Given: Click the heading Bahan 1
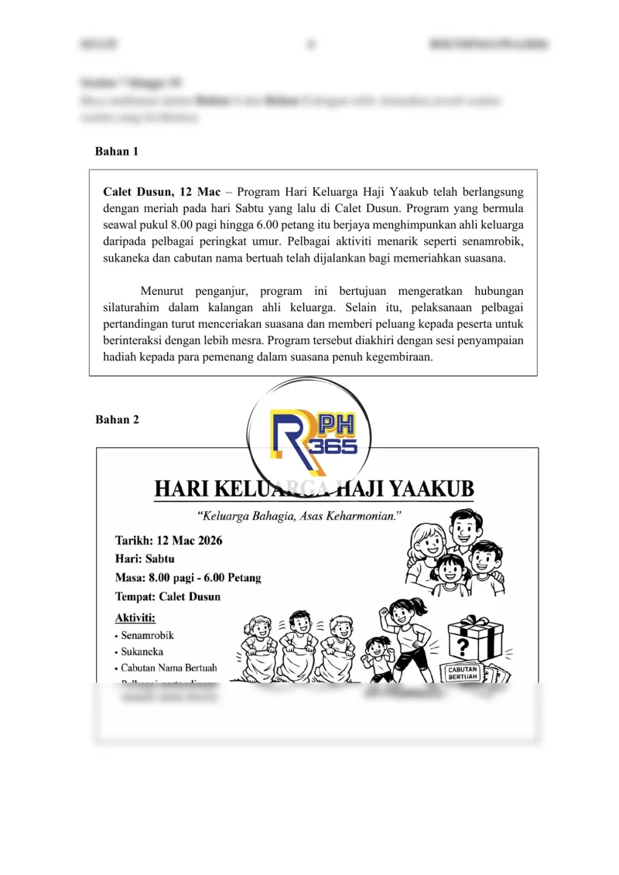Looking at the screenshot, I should pyautogui.click(x=116, y=152).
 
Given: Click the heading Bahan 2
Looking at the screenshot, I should pyautogui.click(x=117, y=419).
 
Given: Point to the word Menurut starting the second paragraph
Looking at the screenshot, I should pyautogui.click(x=164, y=291).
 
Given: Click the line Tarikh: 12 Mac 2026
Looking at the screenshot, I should pyautogui.click(x=169, y=541).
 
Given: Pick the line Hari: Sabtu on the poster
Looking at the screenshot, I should pyautogui.click(x=145, y=559).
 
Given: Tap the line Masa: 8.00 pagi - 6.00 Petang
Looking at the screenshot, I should pyautogui.click(x=188, y=577).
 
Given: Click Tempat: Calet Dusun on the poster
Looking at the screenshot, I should pyautogui.click(x=168, y=596).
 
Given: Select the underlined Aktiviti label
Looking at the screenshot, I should pyautogui.click(x=135, y=617).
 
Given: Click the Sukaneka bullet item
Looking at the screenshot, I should pyautogui.click(x=142, y=652).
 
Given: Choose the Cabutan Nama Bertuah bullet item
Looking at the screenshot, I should pyautogui.click(x=169, y=668).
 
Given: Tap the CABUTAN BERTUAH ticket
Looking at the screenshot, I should pyautogui.click(x=463, y=672).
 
